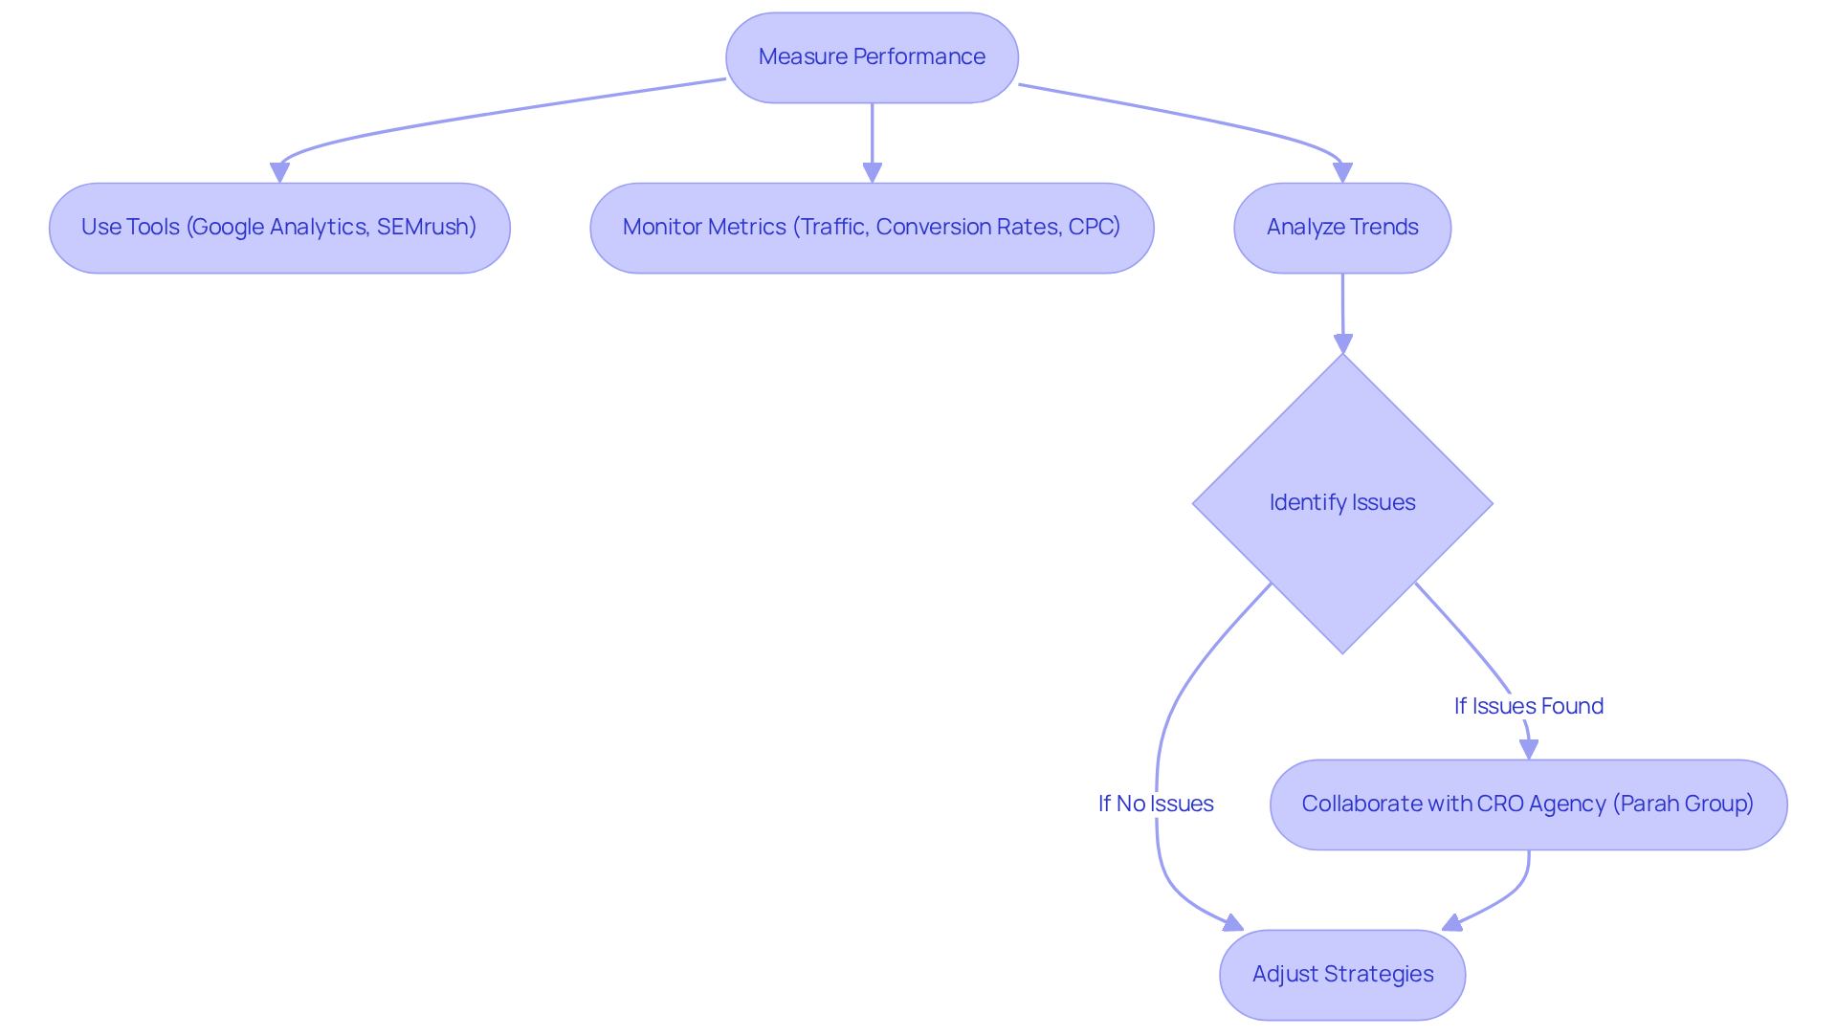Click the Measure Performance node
click(872, 57)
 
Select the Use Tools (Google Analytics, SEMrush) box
click(278, 228)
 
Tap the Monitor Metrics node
click(872, 228)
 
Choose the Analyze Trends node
click(1341, 228)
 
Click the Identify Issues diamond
click(1341, 503)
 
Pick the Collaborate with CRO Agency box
click(1528, 805)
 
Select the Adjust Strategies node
click(1341, 975)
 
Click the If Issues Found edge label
click(1528, 707)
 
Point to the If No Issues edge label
click(1155, 805)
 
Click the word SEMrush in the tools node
click(426, 228)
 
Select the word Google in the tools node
click(227, 228)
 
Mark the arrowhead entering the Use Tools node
click(279, 173)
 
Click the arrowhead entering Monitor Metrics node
click(872, 173)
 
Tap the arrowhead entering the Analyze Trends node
click(1342, 173)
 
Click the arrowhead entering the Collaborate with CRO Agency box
click(1529, 750)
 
